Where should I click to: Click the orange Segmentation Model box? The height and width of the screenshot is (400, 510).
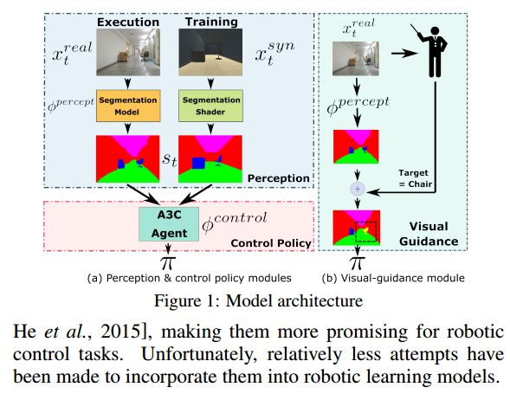click(128, 106)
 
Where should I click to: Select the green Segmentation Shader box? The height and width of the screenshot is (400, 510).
click(210, 106)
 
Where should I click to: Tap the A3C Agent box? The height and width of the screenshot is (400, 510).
click(169, 224)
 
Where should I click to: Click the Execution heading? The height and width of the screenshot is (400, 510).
click(128, 23)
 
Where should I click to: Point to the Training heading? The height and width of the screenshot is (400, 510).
click(211, 23)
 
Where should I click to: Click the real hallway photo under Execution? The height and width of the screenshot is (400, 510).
click(128, 52)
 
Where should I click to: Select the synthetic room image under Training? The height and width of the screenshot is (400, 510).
click(210, 52)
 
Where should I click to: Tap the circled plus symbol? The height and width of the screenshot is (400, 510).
click(358, 189)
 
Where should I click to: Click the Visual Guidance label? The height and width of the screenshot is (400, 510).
click(429, 234)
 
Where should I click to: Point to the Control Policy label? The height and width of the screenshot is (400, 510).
click(271, 243)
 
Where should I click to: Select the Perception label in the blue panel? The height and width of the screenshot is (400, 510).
click(279, 178)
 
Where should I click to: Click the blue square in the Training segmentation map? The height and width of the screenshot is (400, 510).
click(198, 163)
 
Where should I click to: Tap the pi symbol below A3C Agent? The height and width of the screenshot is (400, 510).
click(168, 262)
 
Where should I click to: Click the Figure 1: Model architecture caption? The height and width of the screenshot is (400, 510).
click(259, 300)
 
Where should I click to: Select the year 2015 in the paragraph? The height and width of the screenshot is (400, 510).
click(120, 332)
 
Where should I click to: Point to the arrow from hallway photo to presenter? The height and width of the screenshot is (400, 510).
click(404, 54)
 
